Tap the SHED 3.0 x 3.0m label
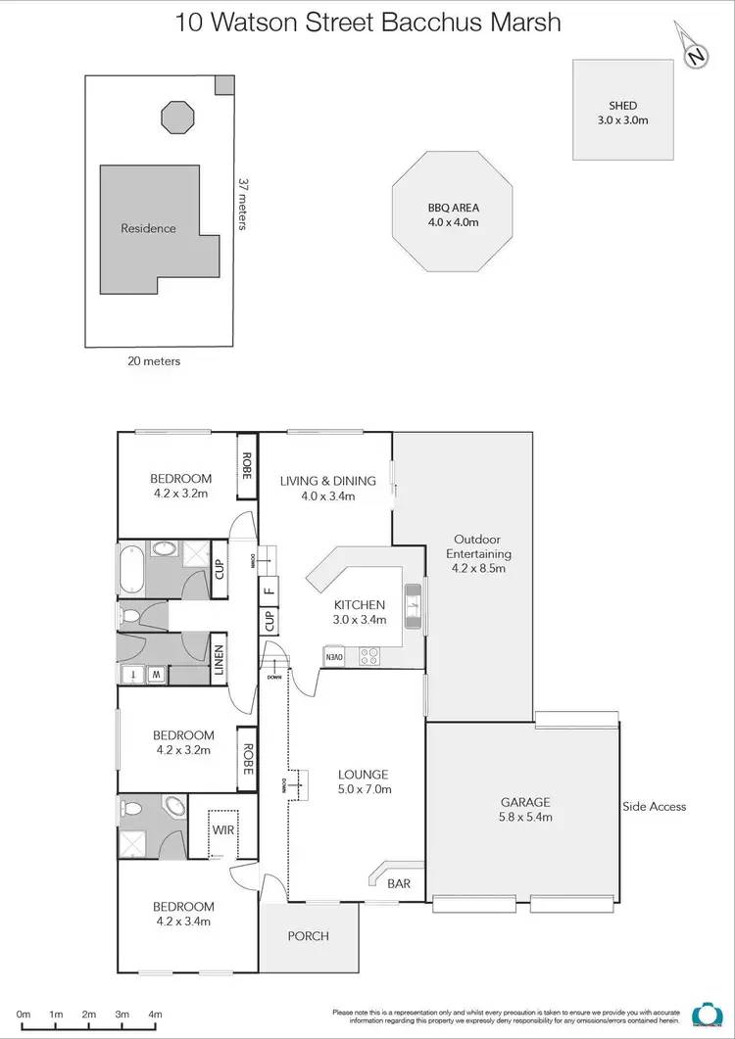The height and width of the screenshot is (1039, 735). pyautogui.click(x=623, y=112)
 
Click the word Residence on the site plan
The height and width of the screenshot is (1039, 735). pyautogui.click(x=148, y=228)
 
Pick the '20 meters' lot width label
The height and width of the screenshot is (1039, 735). pyautogui.click(x=154, y=361)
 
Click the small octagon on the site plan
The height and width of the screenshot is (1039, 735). pyautogui.click(x=177, y=117)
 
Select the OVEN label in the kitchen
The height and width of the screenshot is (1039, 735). pyautogui.click(x=334, y=657)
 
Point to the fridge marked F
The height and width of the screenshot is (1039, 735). pyautogui.click(x=269, y=590)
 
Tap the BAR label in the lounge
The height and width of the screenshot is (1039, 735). pyautogui.click(x=399, y=883)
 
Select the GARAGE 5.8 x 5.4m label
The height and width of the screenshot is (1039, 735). pyautogui.click(x=525, y=808)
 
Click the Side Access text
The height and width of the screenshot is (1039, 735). pyautogui.click(x=654, y=807)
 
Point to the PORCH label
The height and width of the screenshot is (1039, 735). pyautogui.click(x=309, y=936)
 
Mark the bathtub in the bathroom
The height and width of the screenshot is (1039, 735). pyautogui.click(x=130, y=568)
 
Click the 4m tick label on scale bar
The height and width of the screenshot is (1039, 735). pyautogui.click(x=155, y=1015)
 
